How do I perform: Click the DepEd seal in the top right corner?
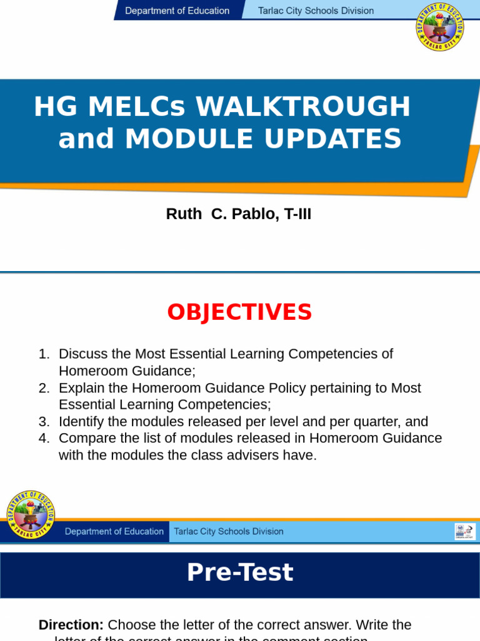[x=440, y=27]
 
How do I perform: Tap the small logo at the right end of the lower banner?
[x=464, y=531]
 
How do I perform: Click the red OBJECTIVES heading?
[x=239, y=312]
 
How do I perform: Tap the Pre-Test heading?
[x=239, y=572]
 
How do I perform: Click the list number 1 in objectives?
[x=43, y=354]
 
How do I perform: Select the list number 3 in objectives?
[x=43, y=422]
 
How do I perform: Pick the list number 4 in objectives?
[x=43, y=438]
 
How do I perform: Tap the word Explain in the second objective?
[x=81, y=388]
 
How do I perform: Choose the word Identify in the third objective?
[x=82, y=422]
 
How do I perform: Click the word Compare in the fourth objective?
[x=85, y=438]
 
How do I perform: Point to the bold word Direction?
[x=71, y=625]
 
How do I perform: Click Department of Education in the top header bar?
[x=177, y=11]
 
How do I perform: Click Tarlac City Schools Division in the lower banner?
[x=228, y=531]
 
